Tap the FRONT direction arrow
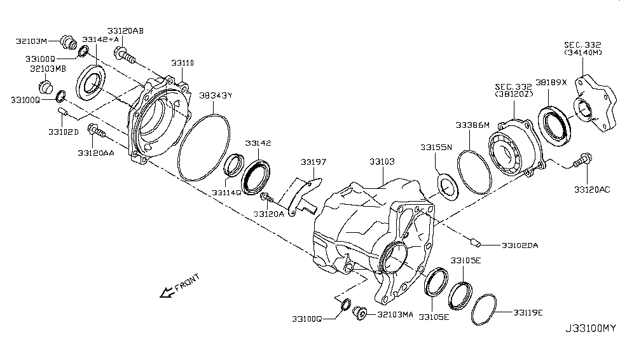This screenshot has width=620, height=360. tap(169, 291)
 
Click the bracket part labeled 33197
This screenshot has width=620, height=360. tap(302, 195)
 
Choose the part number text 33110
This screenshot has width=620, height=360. tap(183, 63)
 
